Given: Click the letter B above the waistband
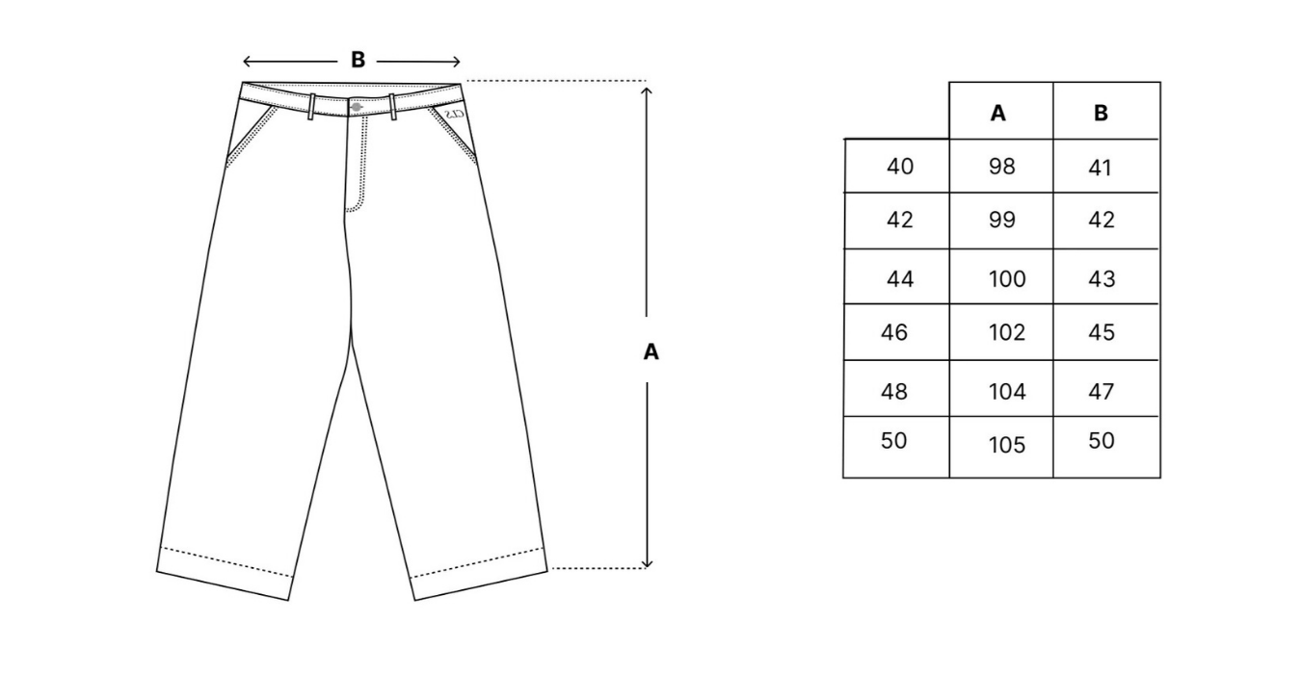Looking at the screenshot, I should point(358,60).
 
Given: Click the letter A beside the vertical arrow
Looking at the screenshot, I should point(651,352).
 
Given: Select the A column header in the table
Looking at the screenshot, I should point(998,113).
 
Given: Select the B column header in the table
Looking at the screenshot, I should point(1102,113).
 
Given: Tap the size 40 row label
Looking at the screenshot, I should point(900,167).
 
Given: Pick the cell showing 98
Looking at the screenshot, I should point(1002,167).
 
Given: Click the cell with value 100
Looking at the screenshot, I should point(1007,279).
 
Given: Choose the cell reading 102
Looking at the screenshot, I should point(1007,332).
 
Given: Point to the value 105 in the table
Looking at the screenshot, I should point(1007,445).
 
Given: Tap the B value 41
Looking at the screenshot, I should point(1100,168).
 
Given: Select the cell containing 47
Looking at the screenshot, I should point(1101,391).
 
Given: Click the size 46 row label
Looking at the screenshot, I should point(894,332).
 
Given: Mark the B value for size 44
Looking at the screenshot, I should point(1101,279).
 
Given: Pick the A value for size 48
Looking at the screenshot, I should point(1007,391).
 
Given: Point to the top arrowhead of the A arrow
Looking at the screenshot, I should point(648,91).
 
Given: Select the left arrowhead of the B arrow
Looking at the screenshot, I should point(248,62).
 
